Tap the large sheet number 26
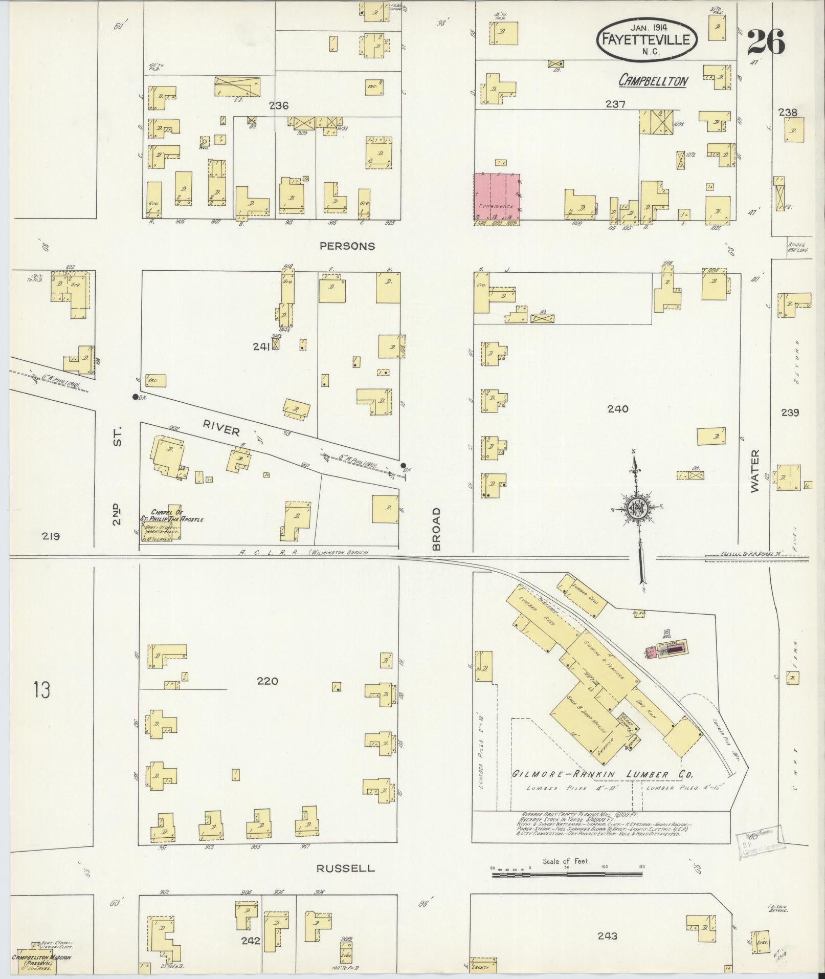[x=766, y=42]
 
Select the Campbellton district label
[x=653, y=81]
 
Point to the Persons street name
[x=347, y=246]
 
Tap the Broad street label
[x=436, y=529]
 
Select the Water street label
[x=755, y=471]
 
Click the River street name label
[x=221, y=428]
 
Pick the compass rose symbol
[x=638, y=508]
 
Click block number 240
[x=617, y=409]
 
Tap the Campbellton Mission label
[x=41, y=958]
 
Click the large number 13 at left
[x=42, y=690]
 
